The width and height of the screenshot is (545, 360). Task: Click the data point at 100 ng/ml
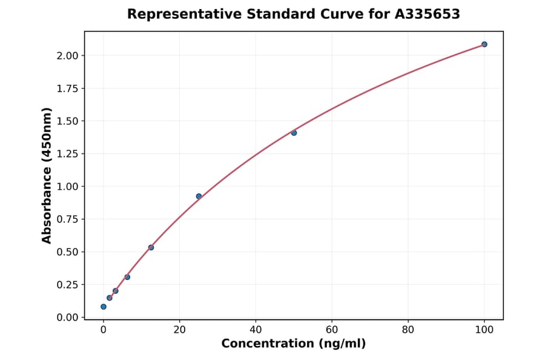tap(484, 44)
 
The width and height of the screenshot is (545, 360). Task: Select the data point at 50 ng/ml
tap(294, 133)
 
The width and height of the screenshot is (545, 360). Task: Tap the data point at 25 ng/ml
tap(199, 196)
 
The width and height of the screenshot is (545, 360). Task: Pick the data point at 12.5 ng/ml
tap(151, 247)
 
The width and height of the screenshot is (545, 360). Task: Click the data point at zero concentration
tap(104, 307)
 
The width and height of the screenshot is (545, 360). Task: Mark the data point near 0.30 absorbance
tap(127, 277)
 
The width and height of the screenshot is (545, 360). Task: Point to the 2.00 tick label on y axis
tap(67, 56)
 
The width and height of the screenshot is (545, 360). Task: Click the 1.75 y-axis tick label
tap(67, 88)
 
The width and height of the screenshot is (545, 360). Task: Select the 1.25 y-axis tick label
tap(67, 154)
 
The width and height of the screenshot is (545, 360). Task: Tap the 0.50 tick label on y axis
tap(67, 252)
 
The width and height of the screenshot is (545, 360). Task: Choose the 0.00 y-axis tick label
tap(67, 318)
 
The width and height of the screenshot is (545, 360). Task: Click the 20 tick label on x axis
tap(179, 330)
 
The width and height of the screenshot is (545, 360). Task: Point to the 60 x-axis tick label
tap(332, 330)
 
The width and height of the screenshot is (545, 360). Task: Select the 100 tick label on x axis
tap(484, 330)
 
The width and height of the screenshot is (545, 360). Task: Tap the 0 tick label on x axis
tap(104, 330)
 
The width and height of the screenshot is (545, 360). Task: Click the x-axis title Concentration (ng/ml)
tap(294, 344)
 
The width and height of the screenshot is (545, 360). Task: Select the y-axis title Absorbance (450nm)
tap(47, 175)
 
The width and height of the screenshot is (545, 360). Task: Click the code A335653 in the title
tap(428, 14)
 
